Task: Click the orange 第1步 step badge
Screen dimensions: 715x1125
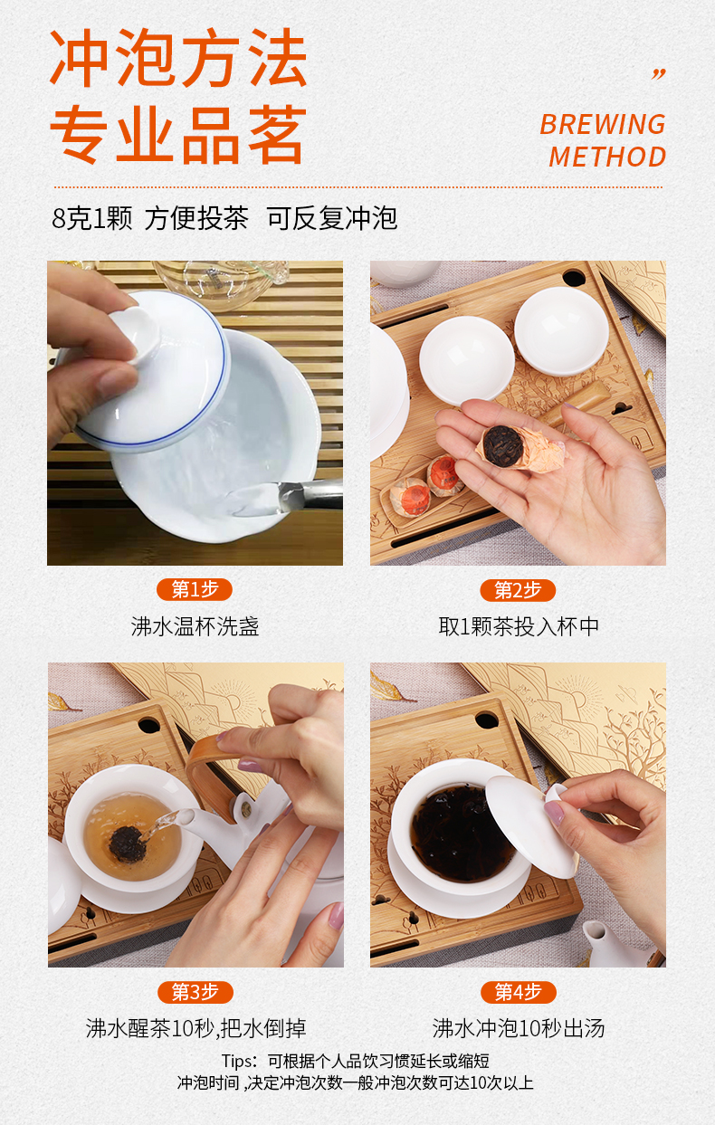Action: tap(195, 589)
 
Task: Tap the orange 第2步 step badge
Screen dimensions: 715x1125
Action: tap(518, 590)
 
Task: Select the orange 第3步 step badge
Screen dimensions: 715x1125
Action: tap(195, 992)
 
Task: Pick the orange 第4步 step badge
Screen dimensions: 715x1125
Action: tap(519, 992)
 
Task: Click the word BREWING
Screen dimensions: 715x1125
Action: tap(603, 124)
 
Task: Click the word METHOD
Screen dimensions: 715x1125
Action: tap(607, 157)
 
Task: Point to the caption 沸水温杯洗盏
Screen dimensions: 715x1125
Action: tap(195, 626)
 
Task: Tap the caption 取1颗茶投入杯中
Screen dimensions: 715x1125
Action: tap(519, 626)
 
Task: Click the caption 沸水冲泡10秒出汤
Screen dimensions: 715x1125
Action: tap(519, 1028)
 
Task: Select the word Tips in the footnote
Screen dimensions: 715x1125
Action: tap(239, 1062)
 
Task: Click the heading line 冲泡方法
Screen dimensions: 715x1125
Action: tap(178, 58)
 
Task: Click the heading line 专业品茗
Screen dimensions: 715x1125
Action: tap(178, 135)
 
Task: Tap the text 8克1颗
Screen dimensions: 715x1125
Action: tap(92, 218)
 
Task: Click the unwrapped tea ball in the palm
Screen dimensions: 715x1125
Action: tap(503, 445)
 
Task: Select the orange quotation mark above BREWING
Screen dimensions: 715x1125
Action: tap(659, 74)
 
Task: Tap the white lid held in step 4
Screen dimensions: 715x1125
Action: tap(530, 826)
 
